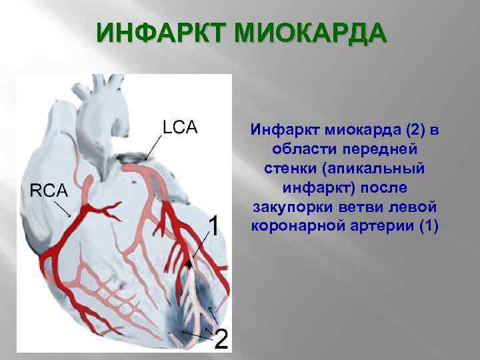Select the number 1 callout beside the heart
pos(214,227)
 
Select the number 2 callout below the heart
pos(221,339)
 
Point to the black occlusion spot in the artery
pos(191,265)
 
